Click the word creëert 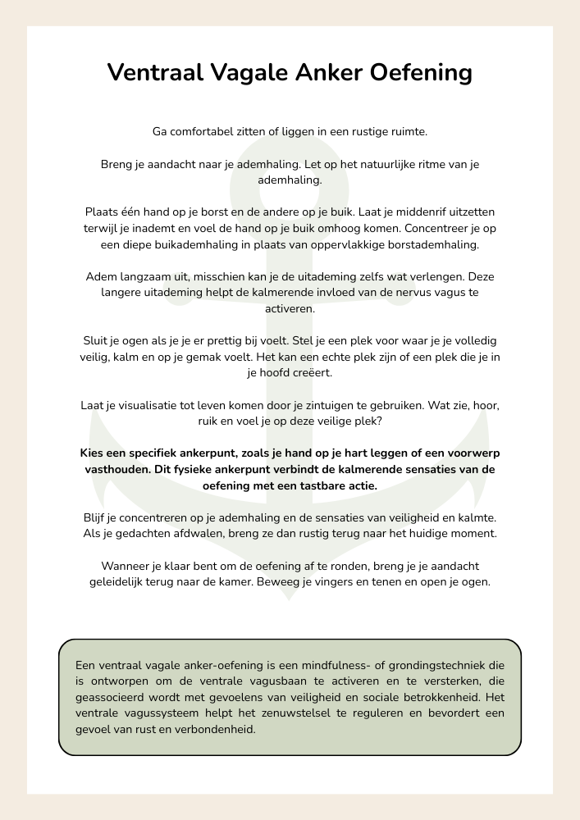click(x=310, y=373)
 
